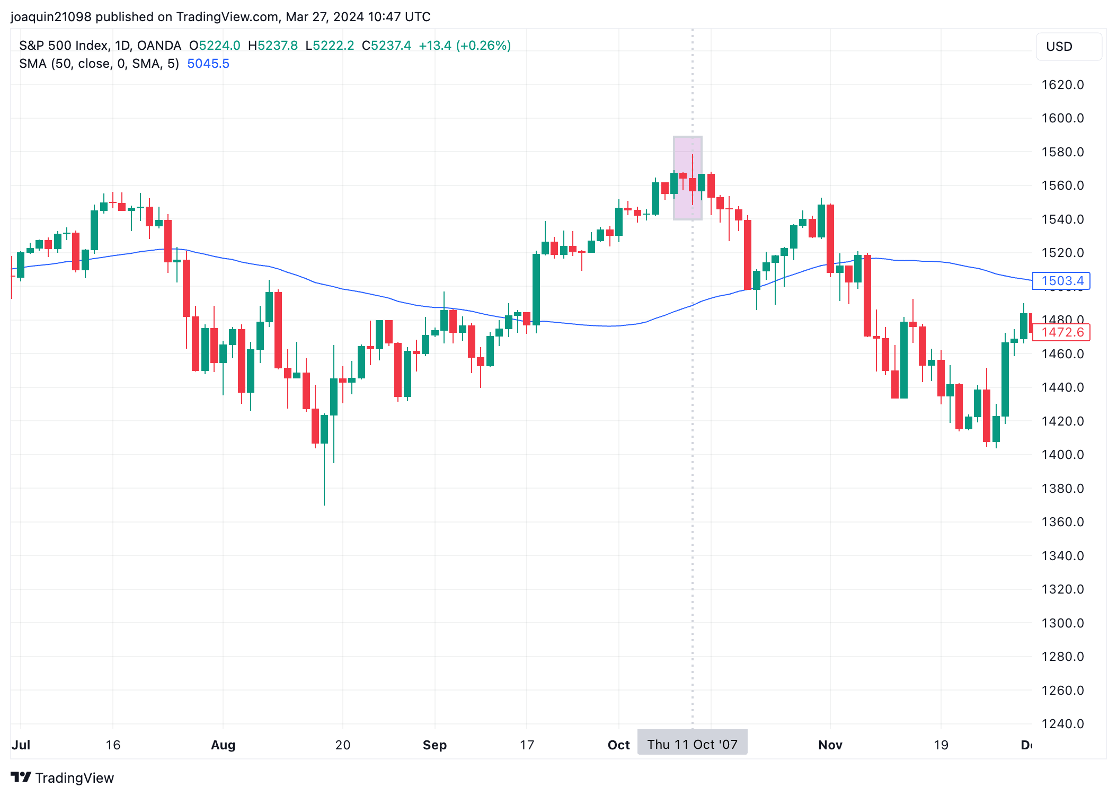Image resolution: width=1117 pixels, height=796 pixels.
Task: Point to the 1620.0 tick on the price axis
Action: pos(1062,85)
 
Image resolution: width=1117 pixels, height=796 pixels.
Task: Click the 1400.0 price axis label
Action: pos(1062,455)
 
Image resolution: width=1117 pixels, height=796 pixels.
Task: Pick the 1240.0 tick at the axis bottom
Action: pos(1062,724)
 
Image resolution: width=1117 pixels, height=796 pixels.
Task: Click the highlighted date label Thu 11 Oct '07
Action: pos(692,745)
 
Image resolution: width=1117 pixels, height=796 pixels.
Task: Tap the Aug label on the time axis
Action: pos(223,745)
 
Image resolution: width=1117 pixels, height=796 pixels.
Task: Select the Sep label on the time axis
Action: pos(435,745)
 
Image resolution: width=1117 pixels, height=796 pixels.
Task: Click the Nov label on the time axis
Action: pos(830,745)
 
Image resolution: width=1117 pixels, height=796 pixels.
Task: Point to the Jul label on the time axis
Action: pos(21,745)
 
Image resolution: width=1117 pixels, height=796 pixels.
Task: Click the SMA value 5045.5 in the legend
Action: pos(208,64)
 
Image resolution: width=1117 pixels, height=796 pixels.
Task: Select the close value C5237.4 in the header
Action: pos(386,46)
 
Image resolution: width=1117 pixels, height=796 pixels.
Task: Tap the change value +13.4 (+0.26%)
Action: pos(465,46)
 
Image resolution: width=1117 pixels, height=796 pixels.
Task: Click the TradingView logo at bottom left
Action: pos(63,777)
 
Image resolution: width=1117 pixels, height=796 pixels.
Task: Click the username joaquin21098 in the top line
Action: pos(51,17)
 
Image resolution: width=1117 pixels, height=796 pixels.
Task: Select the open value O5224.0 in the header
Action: pos(215,46)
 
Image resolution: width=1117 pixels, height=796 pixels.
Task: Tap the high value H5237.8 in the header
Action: pos(273,46)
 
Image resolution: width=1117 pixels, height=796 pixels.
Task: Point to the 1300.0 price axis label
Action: pos(1062,623)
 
